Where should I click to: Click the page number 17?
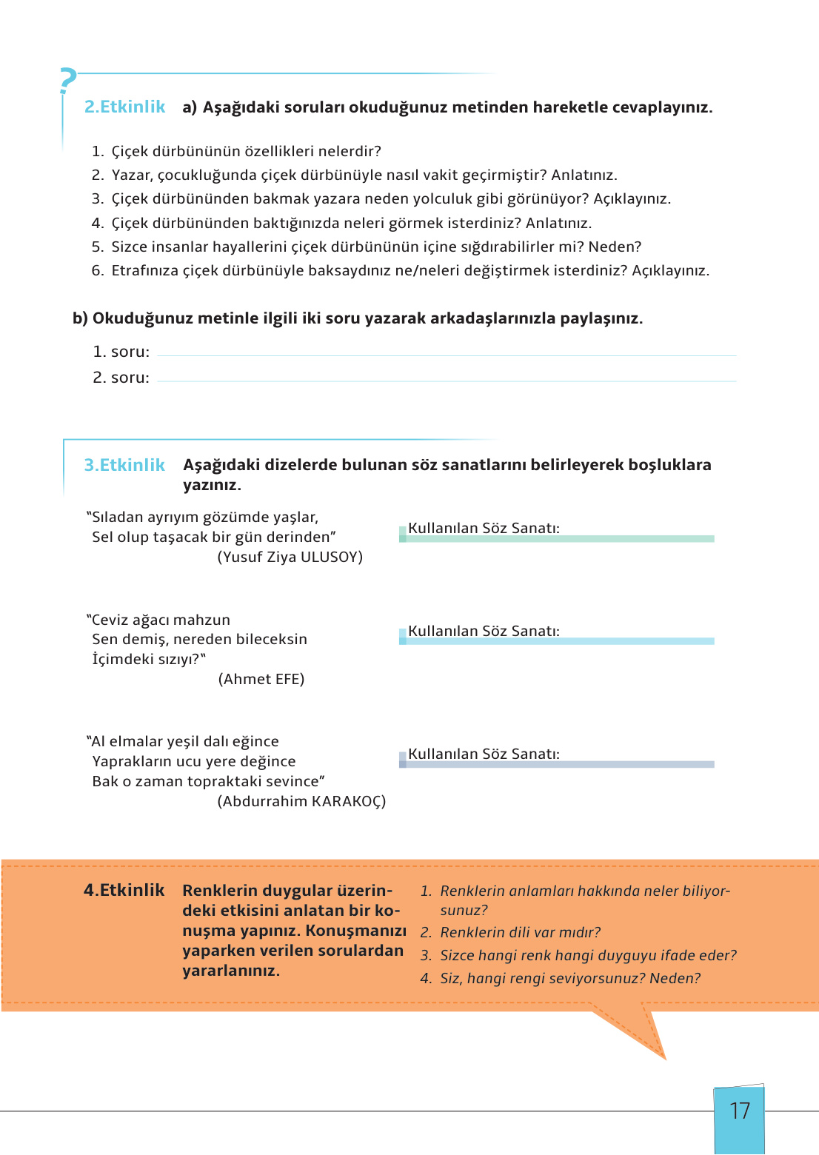(x=739, y=1111)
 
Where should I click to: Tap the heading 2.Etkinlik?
(x=124, y=107)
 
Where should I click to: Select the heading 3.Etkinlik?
(x=124, y=465)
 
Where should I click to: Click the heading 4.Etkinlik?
(x=124, y=890)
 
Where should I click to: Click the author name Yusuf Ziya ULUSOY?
(x=290, y=557)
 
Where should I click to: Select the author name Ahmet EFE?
(x=261, y=679)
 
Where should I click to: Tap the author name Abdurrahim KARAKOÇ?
(x=301, y=801)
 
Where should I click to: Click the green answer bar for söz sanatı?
(x=559, y=539)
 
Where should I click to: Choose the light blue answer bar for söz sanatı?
(x=559, y=641)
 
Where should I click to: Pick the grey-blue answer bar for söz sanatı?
(x=559, y=764)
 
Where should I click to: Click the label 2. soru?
(x=121, y=378)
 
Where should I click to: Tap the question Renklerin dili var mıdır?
(x=520, y=932)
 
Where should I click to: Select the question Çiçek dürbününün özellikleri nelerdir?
(x=246, y=151)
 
